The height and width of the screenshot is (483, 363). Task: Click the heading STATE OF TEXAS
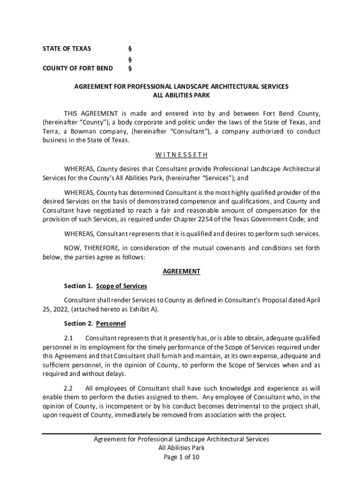click(67, 49)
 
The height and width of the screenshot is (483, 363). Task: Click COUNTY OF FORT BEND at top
click(78, 68)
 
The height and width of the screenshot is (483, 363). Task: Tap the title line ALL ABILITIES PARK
click(181, 95)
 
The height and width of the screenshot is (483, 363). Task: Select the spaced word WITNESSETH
click(181, 155)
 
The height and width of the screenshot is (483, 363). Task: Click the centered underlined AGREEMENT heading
click(181, 271)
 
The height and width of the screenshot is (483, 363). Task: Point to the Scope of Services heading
click(122, 286)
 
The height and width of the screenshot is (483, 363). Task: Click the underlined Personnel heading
click(111, 324)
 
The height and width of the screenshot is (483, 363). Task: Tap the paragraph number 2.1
click(69, 338)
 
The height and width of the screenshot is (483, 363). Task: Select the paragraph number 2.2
click(69, 389)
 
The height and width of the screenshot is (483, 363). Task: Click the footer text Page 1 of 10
click(181, 457)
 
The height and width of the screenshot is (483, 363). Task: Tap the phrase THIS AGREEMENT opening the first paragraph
click(91, 113)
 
